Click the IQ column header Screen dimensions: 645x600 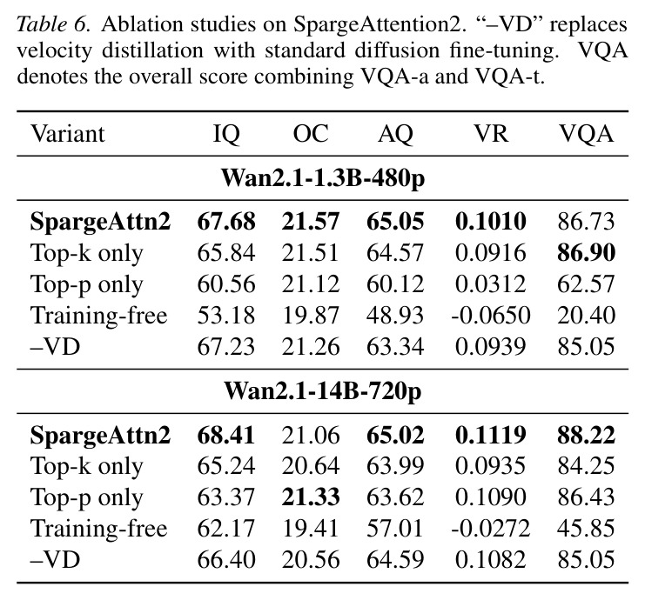226,134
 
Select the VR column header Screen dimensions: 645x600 491,134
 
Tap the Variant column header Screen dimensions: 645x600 68,134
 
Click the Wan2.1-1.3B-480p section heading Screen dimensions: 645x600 323,178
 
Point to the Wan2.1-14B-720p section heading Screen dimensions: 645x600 323,390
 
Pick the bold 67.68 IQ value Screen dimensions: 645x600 226,222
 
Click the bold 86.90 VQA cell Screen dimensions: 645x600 586,253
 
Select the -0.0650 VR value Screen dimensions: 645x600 491,316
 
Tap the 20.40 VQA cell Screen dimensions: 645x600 586,316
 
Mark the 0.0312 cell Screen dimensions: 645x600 491,284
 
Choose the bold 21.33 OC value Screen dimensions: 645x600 311,497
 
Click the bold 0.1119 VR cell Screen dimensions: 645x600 491,435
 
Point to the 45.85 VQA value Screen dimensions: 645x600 586,528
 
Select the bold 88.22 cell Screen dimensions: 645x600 586,435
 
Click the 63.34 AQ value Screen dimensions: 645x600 395,346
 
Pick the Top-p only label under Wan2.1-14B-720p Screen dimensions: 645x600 87,497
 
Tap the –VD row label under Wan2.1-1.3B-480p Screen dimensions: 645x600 56,346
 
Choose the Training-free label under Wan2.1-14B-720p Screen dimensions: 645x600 99,528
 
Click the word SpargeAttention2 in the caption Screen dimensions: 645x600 376,25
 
